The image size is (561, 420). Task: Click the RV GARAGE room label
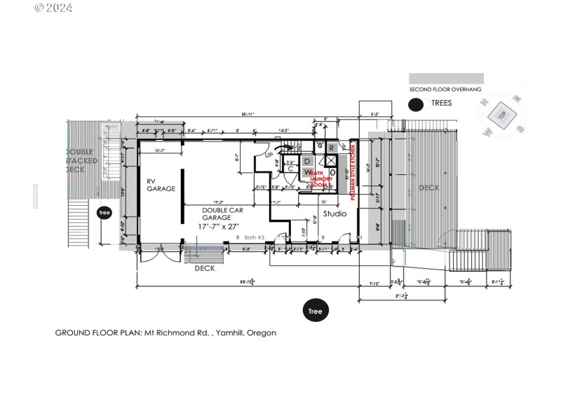tap(161, 185)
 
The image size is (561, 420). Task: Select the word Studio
tap(334, 213)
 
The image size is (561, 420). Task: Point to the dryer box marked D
tap(306, 162)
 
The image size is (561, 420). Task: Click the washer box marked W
tap(306, 173)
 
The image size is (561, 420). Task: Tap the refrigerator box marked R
tap(332, 148)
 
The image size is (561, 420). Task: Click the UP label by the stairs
tap(269, 155)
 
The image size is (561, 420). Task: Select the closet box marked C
tap(290, 168)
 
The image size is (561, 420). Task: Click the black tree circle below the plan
tap(316, 311)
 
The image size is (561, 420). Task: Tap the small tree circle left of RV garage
tap(104, 213)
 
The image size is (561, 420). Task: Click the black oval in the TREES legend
tap(417, 104)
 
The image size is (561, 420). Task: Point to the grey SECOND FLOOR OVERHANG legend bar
tap(446, 78)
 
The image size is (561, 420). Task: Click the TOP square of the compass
tap(502, 114)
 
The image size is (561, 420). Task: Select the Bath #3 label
tap(250, 238)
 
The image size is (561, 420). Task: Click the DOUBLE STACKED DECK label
tap(85, 160)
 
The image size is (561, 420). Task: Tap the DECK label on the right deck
tap(429, 188)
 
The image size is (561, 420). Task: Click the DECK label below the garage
tap(204, 268)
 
